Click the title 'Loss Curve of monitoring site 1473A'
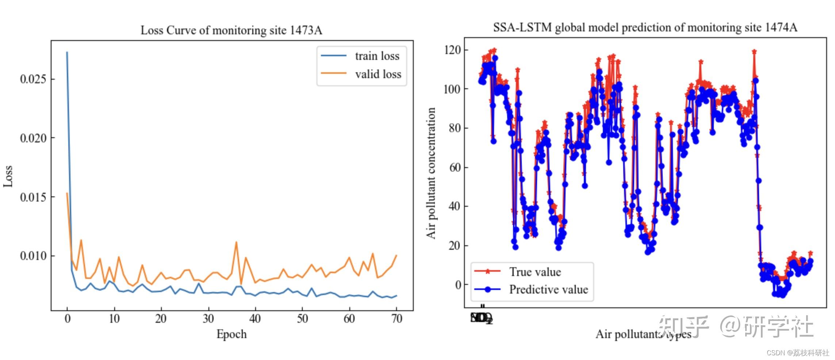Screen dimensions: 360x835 tap(231, 30)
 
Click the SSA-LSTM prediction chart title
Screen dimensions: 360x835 tap(645, 27)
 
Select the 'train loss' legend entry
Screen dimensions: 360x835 tap(377, 56)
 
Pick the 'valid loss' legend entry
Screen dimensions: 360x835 tap(378, 74)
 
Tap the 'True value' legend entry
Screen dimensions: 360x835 tap(535, 272)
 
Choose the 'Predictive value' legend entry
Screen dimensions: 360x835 tap(548, 290)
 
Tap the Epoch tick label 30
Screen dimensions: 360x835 tap(208, 319)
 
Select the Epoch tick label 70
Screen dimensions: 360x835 tap(397, 319)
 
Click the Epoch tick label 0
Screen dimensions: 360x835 tap(67, 319)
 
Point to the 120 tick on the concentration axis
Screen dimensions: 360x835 tap(453, 50)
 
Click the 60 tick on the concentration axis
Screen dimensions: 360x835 tap(455, 167)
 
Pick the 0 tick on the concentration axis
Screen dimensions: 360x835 tap(458, 285)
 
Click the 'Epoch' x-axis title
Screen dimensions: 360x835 tap(231, 334)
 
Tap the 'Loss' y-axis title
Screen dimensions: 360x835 tap(8, 176)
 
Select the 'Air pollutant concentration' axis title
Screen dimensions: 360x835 tap(431, 173)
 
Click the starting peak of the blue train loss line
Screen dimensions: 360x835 tap(67, 52)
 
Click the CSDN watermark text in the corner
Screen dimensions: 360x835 tap(798, 353)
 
